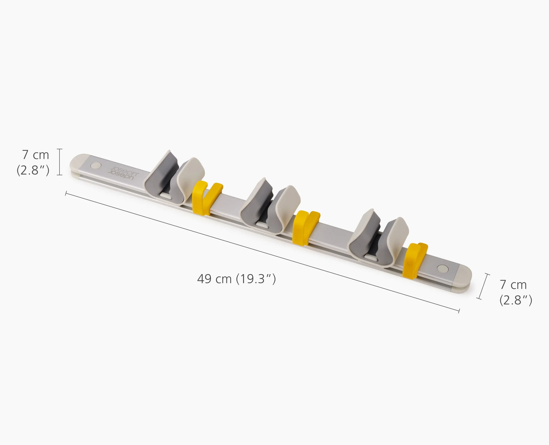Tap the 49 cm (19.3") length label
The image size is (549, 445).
click(x=236, y=279)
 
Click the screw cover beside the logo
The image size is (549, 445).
click(x=95, y=166)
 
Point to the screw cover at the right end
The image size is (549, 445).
click(x=442, y=269)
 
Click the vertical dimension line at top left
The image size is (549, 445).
click(x=59, y=162)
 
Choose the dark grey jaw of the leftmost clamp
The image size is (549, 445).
click(x=160, y=173)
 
